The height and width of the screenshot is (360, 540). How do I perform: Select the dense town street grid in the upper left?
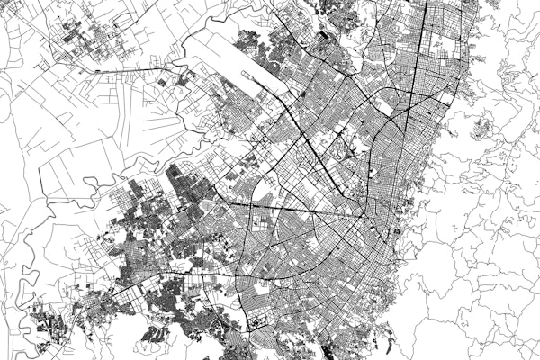tap(85, 40)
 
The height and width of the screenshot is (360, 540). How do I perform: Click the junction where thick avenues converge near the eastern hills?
tap(364, 216)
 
